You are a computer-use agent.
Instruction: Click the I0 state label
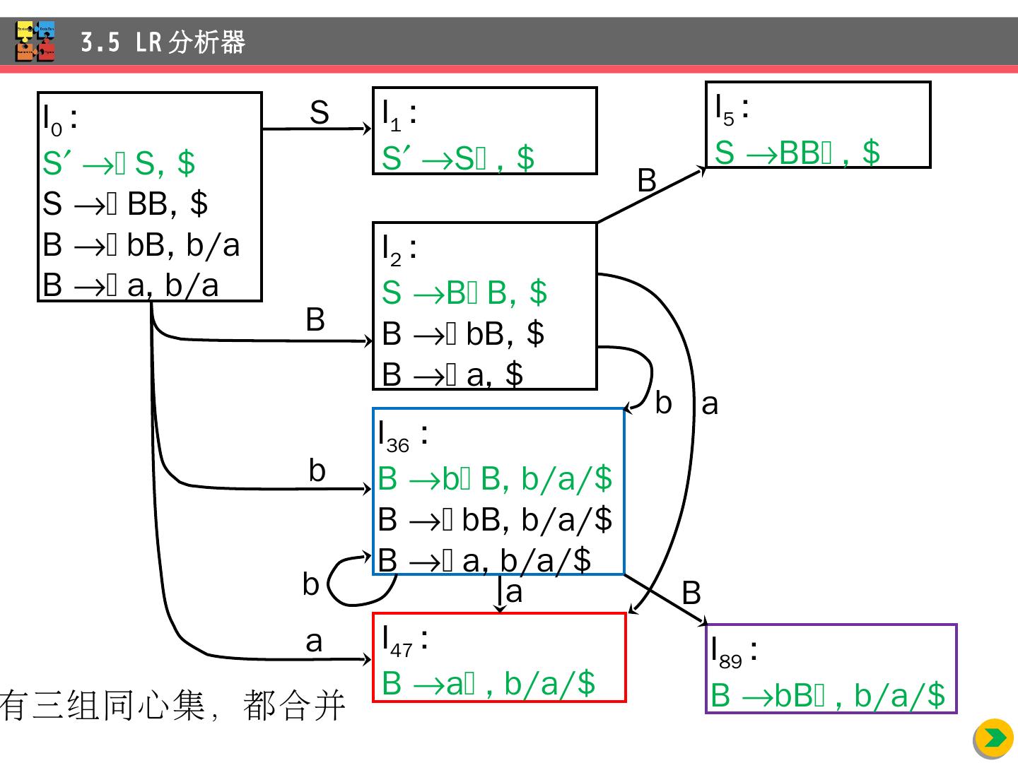58,119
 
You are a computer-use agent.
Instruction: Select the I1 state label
398,114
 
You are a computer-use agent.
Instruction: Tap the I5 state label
731,109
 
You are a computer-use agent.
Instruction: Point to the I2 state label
398,249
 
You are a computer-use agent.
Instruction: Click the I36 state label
402,435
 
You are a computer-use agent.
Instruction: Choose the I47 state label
404,640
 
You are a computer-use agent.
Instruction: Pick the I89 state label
734,651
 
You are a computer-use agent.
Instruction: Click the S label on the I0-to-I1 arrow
320,113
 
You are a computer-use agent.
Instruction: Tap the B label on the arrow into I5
647,181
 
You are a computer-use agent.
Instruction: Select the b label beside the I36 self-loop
310,585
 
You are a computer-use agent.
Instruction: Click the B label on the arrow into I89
691,593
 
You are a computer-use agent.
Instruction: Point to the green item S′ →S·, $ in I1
457,158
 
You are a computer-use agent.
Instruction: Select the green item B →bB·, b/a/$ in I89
827,696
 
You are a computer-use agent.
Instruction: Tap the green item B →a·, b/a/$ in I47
488,684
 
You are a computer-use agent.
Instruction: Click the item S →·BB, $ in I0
124,204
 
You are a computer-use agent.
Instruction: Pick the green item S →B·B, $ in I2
464,292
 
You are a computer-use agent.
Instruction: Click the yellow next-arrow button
993,738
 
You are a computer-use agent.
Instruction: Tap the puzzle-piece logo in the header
35,42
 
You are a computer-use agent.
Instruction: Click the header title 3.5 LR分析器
163,42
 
